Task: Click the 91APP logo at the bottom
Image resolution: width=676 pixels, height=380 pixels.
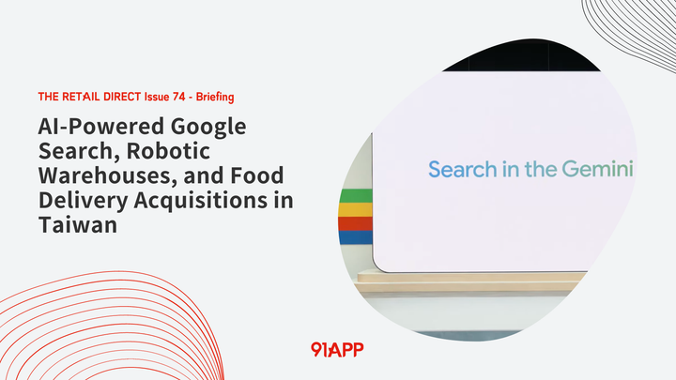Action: (x=337, y=349)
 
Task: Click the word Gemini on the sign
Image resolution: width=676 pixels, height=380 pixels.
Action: (x=598, y=170)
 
